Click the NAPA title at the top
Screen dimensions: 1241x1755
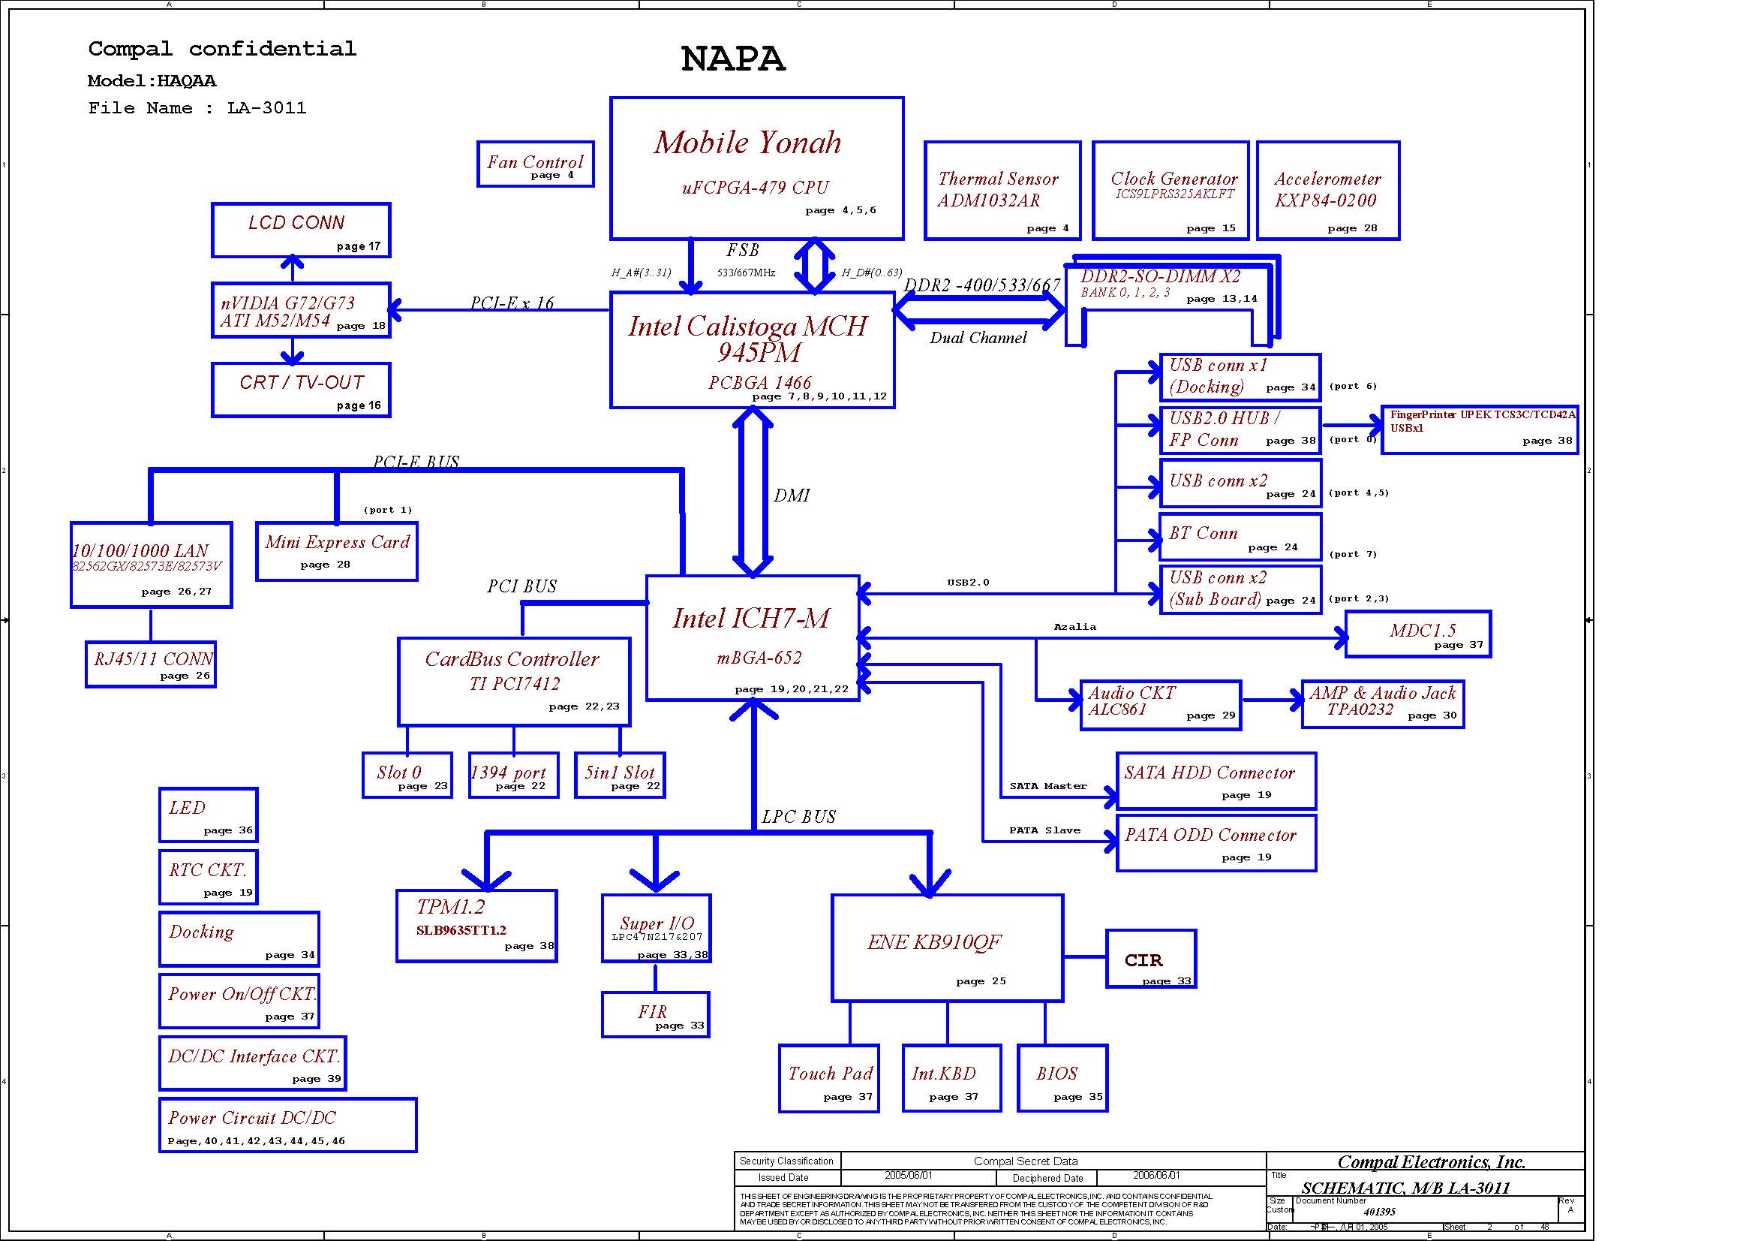732,59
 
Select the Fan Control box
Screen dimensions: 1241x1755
535,164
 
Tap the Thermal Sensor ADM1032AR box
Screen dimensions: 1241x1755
1002,191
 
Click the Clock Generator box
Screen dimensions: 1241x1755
1171,191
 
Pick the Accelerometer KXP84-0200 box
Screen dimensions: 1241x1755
1328,191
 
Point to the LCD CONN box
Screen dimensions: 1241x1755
301,230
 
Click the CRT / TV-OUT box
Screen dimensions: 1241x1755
301,390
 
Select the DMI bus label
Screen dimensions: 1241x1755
791,495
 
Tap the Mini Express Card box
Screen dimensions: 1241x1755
337,551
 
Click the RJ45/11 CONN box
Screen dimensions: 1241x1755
151,664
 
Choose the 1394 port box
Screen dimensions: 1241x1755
513,776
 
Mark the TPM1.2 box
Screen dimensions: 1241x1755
476,925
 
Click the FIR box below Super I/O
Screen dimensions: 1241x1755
655,1015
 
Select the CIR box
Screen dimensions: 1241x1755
1150,959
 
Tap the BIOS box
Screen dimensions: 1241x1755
1062,1078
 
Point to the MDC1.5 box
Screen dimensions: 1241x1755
1418,634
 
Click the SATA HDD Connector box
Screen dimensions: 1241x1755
1216,781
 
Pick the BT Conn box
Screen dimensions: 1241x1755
1240,538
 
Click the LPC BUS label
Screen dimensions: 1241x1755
799,817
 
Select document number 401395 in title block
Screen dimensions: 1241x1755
1379,1212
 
